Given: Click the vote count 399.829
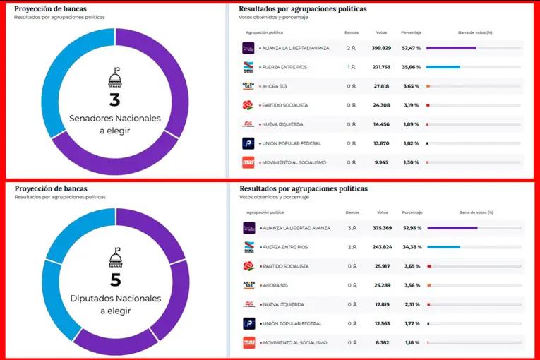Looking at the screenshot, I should [x=381, y=48].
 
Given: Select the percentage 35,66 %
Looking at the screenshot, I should [x=411, y=67].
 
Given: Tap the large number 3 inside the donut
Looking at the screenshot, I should [x=114, y=100].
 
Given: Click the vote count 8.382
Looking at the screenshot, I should [x=383, y=342].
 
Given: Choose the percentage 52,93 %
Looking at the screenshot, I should [x=411, y=228].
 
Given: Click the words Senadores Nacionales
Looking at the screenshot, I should [x=115, y=118].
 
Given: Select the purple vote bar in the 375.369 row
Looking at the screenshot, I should [x=452, y=228].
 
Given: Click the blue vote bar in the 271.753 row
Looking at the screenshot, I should [x=443, y=67].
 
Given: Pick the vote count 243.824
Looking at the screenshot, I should [x=382, y=247].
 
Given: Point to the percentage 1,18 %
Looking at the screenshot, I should [x=411, y=342].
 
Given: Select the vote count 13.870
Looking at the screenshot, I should [x=382, y=143].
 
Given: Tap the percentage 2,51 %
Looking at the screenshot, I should [x=411, y=304].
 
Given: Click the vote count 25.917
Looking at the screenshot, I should [x=383, y=266].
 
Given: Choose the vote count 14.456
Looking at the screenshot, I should [x=382, y=124].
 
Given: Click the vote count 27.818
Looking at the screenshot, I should [x=382, y=86].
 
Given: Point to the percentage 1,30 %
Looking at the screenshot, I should [x=411, y=162].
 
